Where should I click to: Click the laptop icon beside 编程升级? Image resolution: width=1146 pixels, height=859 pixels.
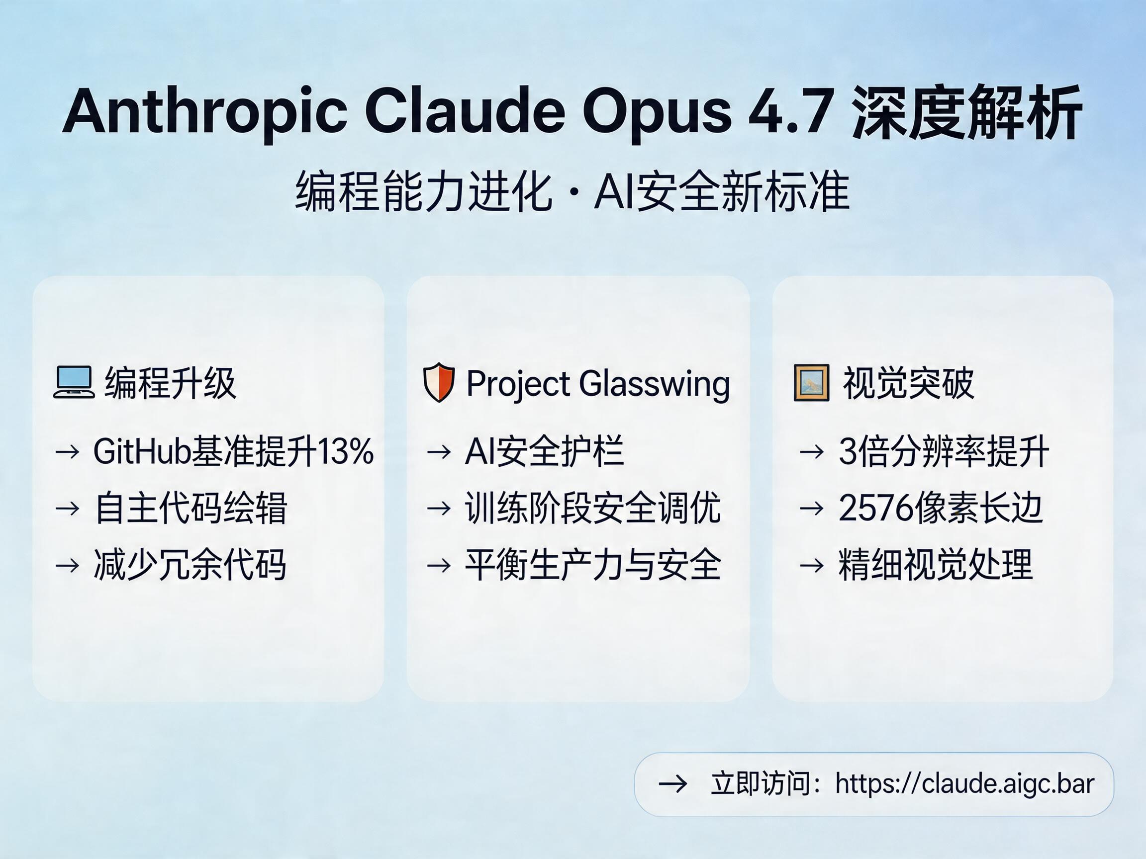[x=74, y=383]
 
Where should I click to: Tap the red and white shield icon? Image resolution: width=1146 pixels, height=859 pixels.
[x=439, y=383]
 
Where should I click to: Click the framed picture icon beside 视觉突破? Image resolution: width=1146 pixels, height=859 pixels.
[x=811, y=383]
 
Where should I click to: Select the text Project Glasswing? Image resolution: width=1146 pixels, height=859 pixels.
[x=598, y=384]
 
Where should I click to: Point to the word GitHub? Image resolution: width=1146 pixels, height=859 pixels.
[x=142, y=451]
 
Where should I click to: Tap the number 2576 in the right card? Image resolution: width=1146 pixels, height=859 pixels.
[x=876, y=508]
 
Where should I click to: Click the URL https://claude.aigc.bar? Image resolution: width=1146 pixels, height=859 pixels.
[x=964, y=784]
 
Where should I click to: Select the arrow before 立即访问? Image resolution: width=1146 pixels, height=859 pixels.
[x=672, y=784]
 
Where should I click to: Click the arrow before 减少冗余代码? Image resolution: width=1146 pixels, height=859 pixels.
[x=67, y=565]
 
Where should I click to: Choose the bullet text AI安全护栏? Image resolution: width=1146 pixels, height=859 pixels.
[x=544, y=451]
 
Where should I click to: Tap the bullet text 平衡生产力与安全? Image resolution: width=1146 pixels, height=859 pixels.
[x=593, y=564]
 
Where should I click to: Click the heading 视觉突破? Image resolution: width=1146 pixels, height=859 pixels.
[x=909, y=383]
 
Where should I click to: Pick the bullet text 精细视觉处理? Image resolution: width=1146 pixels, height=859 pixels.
[x=936, y=564]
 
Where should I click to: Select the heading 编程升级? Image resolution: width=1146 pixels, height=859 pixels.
[x=171, y=383]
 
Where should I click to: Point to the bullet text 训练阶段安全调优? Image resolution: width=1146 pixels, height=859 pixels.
[x=593, y=508]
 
